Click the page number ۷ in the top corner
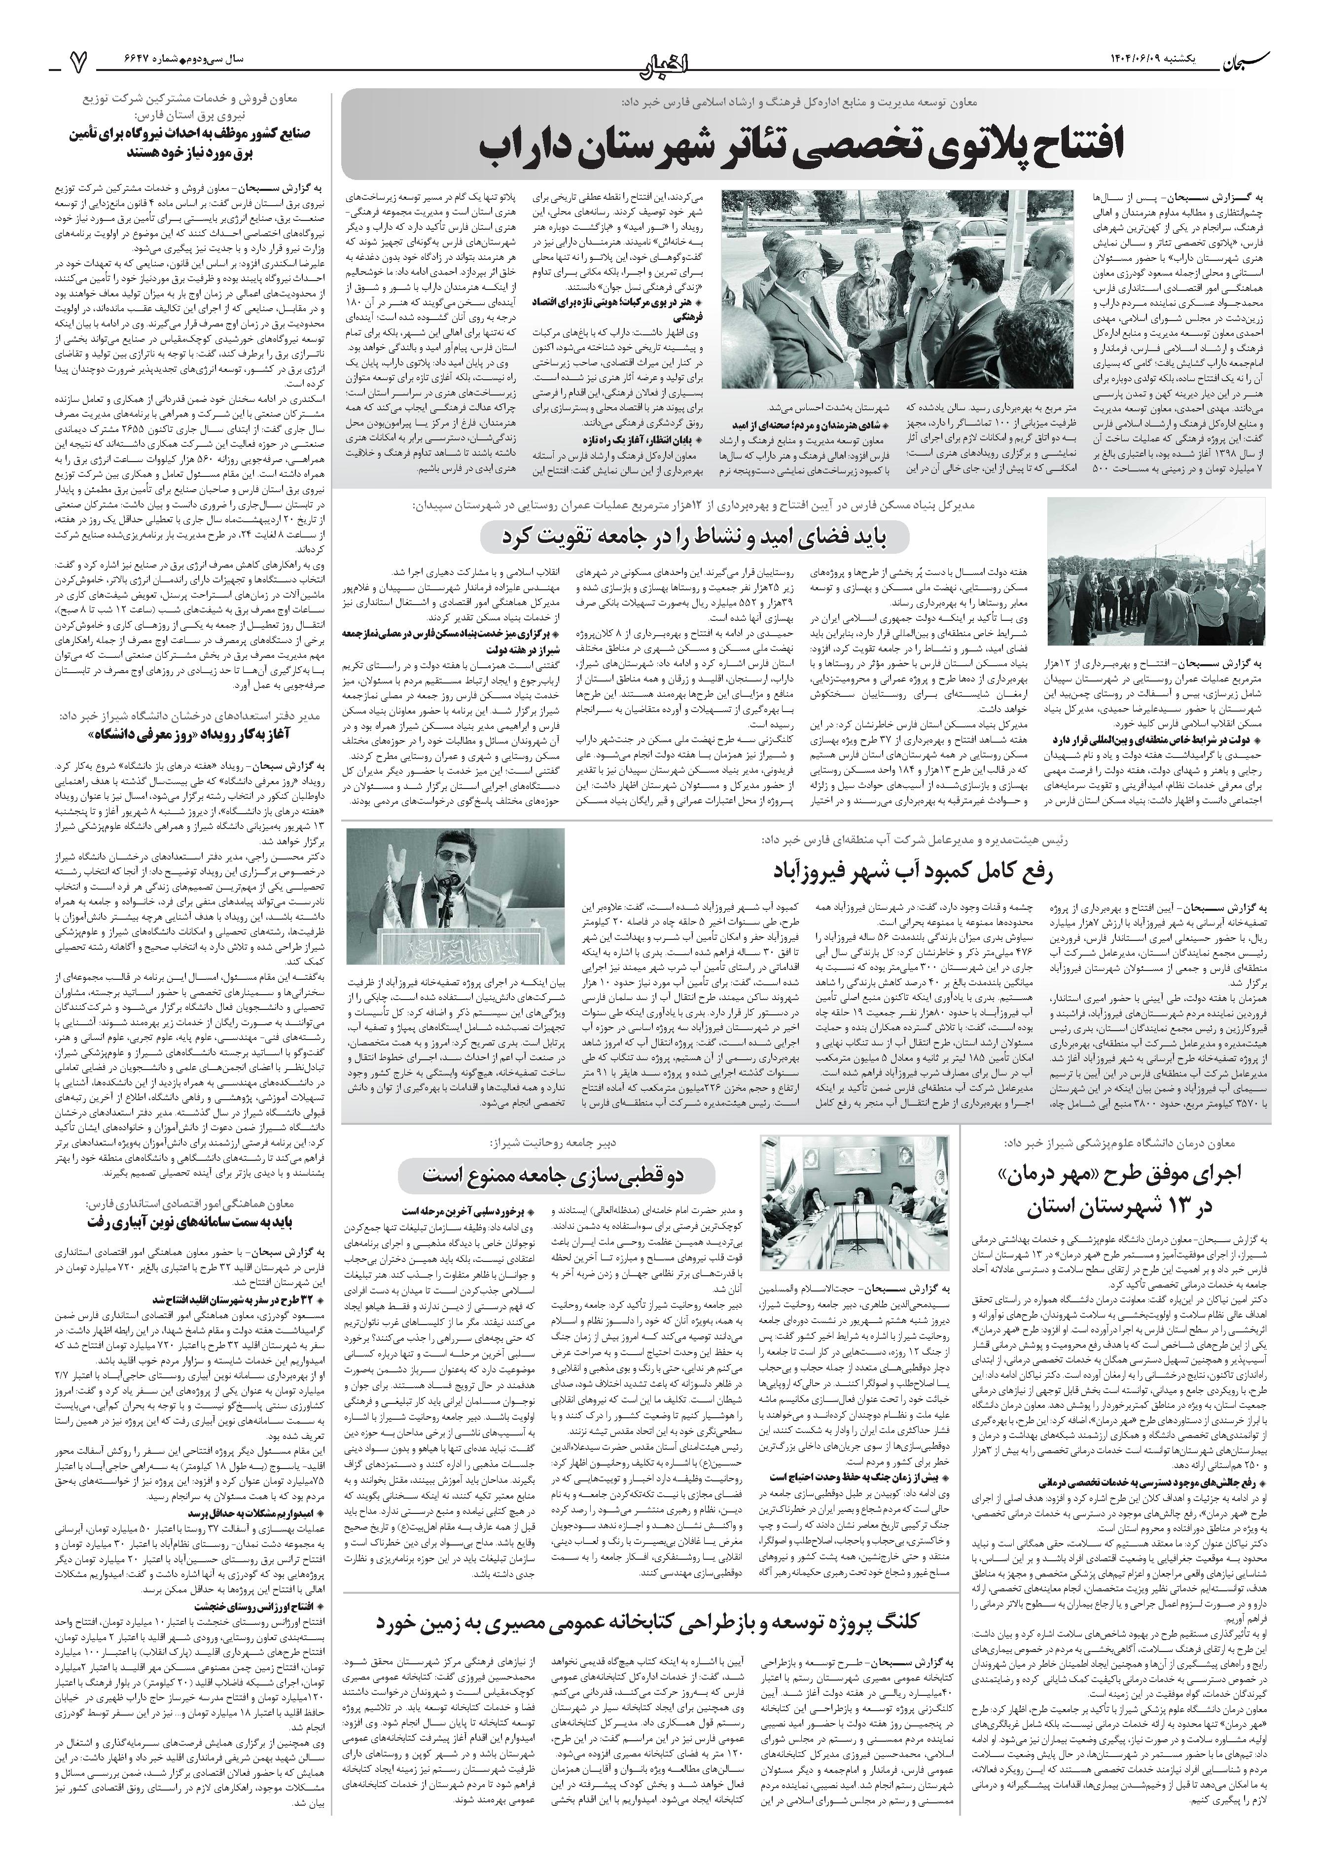pyautogui.click(x=79, y=59)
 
